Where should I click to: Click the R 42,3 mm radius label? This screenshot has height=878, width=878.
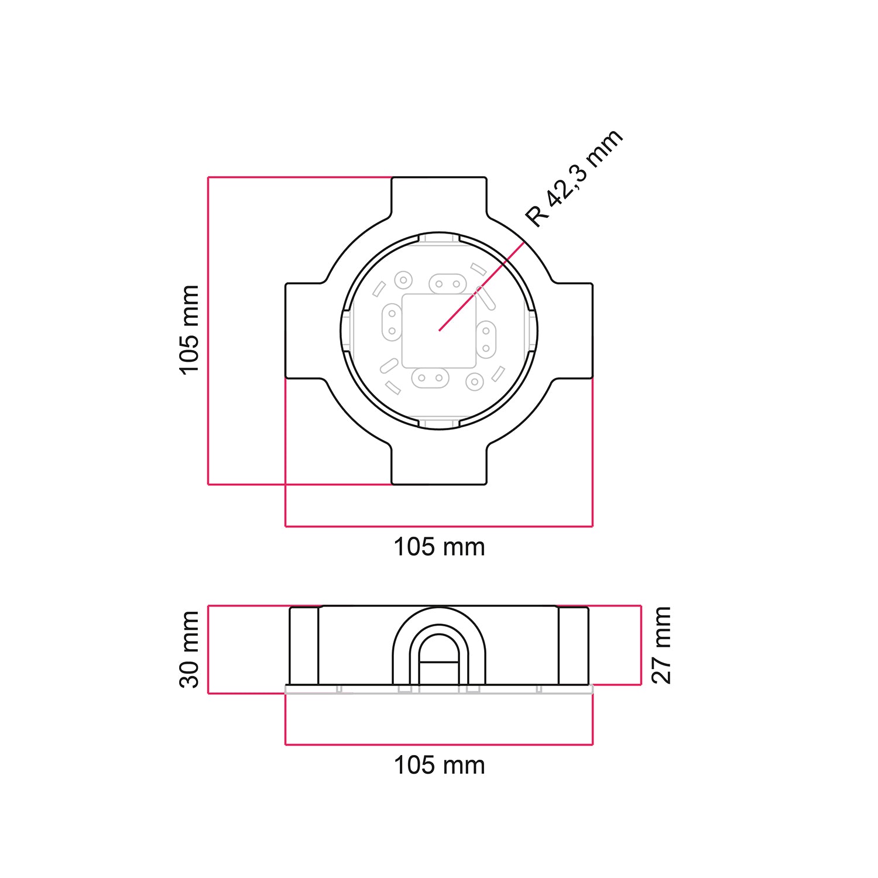(574, 179)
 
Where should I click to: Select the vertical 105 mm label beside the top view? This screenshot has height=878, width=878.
(190, 330)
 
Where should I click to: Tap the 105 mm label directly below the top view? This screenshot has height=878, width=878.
(439, 547)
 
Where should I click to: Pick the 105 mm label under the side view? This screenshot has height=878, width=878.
(439, 766)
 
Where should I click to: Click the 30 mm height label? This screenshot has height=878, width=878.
(190, 649)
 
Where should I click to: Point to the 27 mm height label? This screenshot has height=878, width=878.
(661, 645)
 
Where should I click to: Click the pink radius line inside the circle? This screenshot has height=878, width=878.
(480, 287)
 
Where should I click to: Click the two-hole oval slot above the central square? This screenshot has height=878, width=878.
(448, 284)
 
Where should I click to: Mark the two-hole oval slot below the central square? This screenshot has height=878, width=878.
(430, 378)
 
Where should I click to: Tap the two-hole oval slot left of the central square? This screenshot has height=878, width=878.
(392, 323)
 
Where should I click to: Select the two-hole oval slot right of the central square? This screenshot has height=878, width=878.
(486, 339)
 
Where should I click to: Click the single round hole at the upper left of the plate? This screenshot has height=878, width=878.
(403, 280)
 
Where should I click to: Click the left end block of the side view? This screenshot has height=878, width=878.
(304, 646)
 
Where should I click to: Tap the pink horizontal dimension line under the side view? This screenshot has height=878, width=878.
(439, 745)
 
